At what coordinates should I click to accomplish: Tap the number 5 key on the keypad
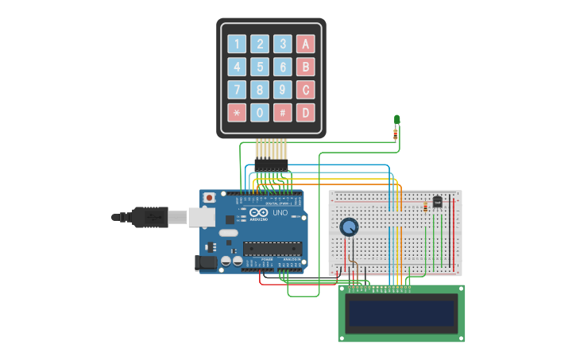(260, 67)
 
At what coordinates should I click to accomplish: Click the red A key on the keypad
(306, 44)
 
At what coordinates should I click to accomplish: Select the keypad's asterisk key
(237, 113)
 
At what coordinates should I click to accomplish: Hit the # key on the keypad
(283, 113)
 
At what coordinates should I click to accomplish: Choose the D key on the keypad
(306, 113)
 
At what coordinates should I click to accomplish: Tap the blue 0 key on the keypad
(260, 113)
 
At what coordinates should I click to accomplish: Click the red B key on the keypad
(306, 67)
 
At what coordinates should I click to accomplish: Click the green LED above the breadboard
(397, 120)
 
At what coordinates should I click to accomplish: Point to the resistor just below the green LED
(396, 135)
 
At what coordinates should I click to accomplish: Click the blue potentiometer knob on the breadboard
(349, 228)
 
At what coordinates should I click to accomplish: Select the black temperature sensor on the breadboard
(437, 203)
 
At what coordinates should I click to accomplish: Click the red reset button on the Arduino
(209, 197)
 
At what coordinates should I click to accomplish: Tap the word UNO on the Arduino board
(280, 213)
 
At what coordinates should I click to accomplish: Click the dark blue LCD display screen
(402, 313)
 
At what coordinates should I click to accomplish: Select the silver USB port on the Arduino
(199, 215)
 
